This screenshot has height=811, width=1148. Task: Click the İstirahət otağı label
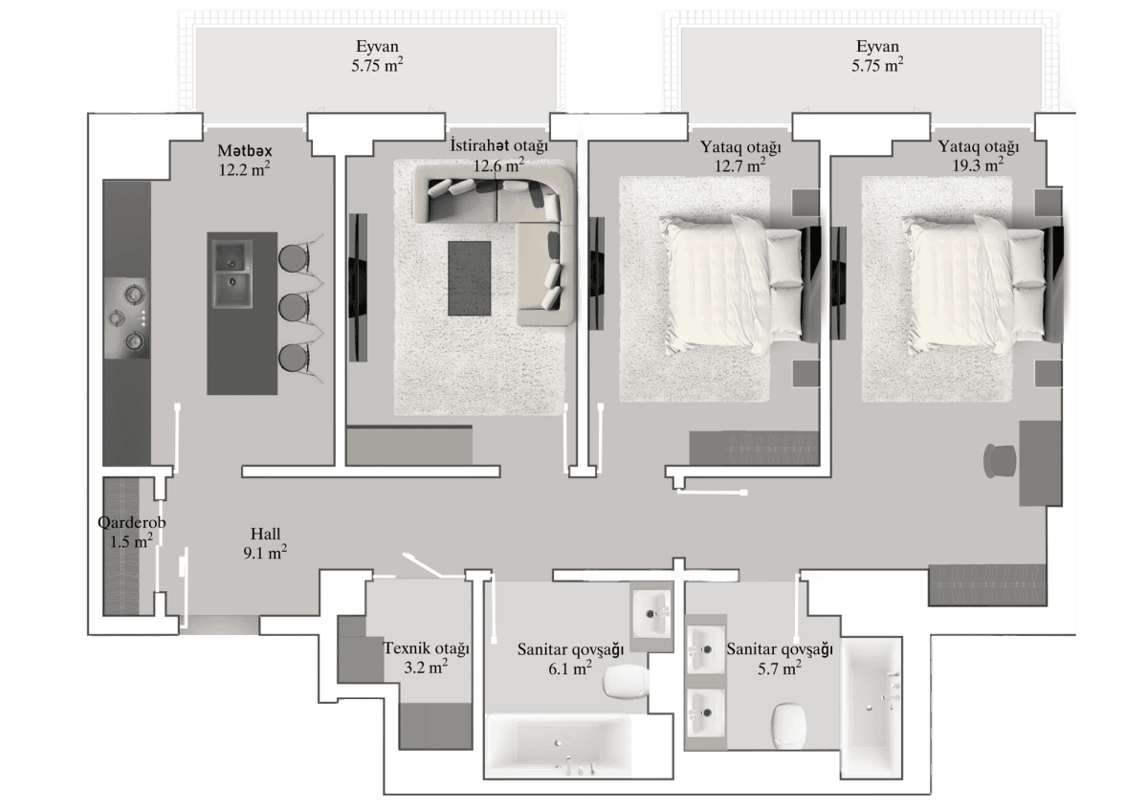(x=498, y=146)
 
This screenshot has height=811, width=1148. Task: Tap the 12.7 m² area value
(x=741, y=166)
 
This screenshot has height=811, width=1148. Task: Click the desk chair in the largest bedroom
(x=1000, y=461)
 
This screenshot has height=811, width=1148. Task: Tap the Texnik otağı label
(x=427, y=649)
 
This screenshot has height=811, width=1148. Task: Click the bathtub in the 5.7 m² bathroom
(x=870, y=707)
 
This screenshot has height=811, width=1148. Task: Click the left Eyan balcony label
(x=374, y=47)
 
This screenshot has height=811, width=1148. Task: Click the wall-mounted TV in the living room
(x=358, y=287)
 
